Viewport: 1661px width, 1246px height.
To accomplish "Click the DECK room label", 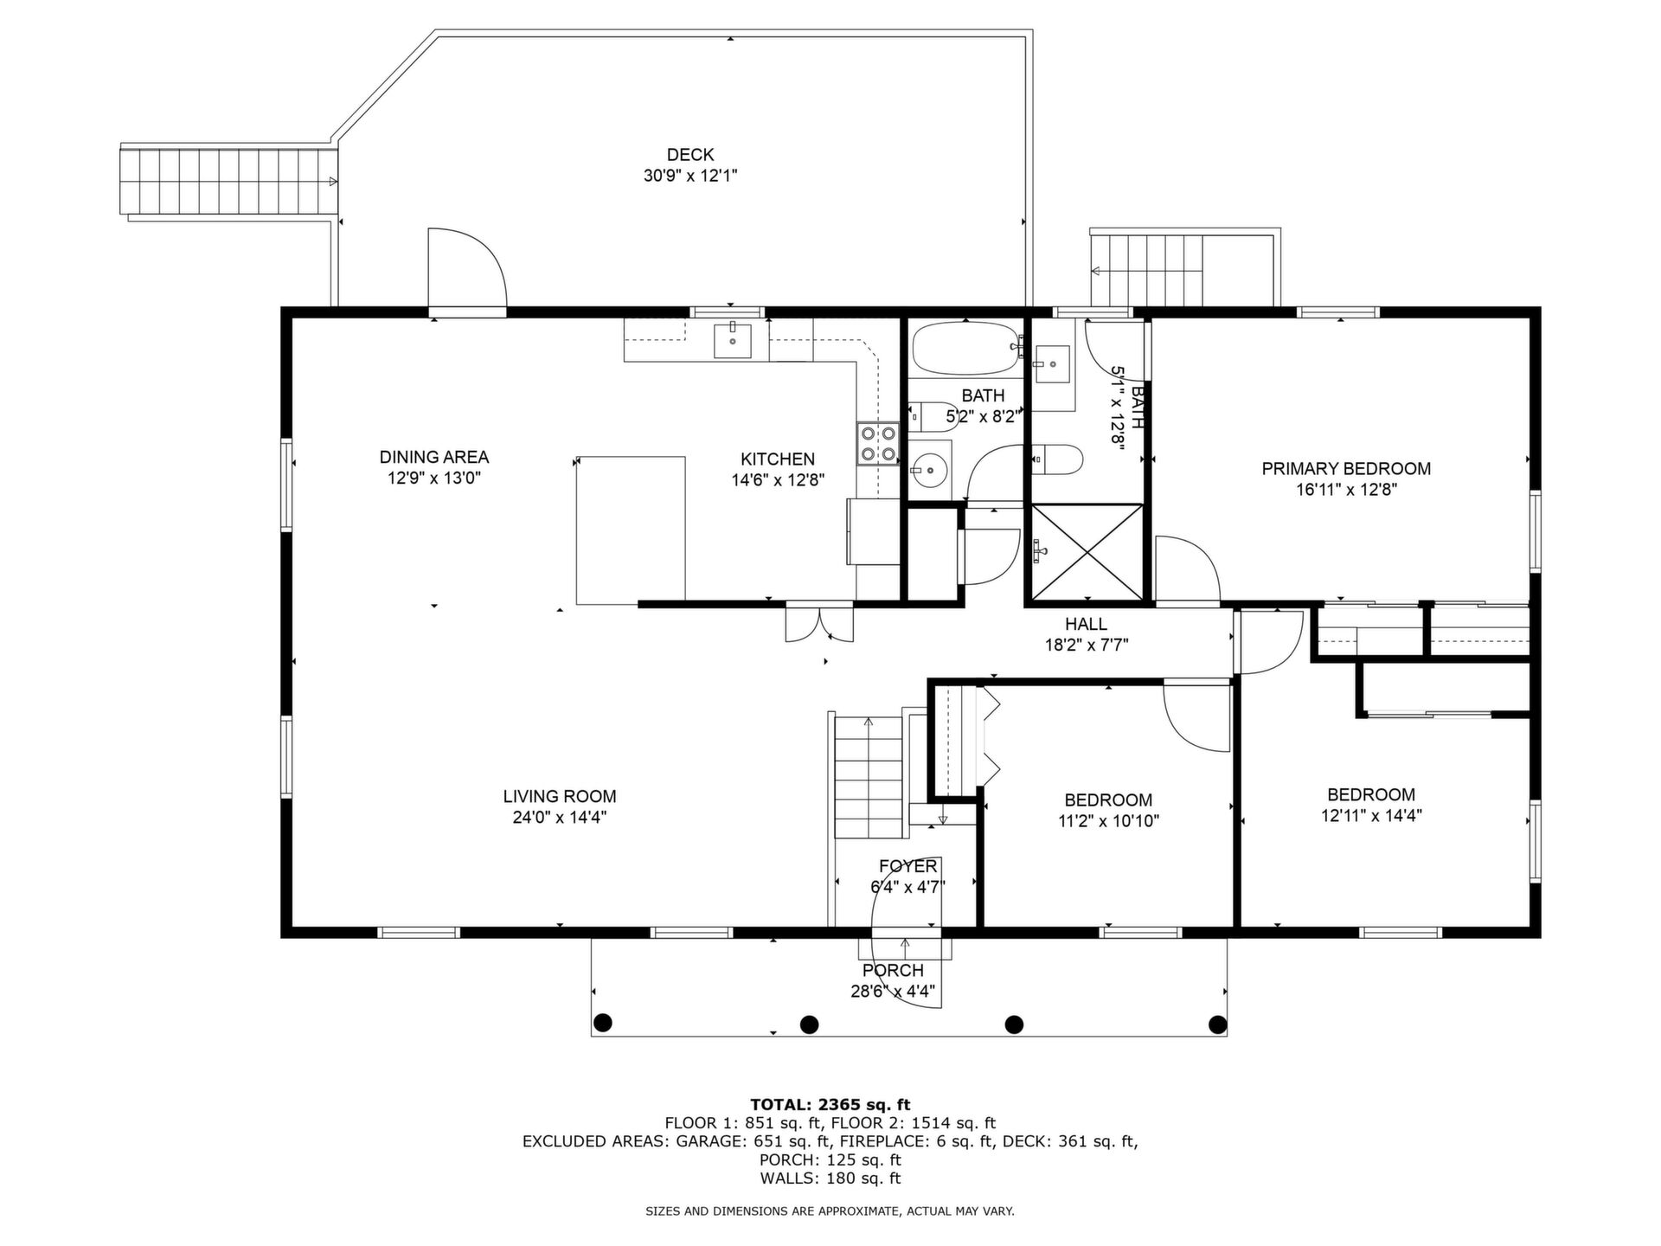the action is [689, 155].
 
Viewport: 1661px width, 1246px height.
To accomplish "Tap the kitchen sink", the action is [732, 339].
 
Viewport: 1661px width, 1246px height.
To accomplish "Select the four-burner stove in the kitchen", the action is [878, 444].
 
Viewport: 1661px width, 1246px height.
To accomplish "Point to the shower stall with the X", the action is [1087, 552].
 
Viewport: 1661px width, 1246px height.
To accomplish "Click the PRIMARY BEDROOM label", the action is [1346, 469].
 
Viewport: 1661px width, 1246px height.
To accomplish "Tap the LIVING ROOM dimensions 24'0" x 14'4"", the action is [560, 818].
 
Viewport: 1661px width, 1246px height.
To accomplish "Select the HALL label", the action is [1086, 624].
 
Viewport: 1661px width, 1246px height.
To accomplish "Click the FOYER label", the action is [907, 866].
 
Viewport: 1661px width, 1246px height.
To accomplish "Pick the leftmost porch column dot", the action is [603, 1023].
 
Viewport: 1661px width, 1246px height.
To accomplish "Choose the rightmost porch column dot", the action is [1217, 1024].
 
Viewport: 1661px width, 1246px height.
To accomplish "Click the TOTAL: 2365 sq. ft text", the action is [830, 1104].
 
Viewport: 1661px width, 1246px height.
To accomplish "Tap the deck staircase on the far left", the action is [228, 181].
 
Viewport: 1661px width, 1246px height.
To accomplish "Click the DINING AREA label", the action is [434, 457].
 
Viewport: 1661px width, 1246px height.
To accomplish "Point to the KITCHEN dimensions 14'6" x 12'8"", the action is [778, 480].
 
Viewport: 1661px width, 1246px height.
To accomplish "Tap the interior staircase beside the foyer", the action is [868, 776].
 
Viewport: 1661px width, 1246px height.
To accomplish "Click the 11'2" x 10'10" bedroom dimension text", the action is [1108, 821].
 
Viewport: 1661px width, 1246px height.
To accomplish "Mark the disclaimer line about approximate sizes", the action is [830, 1211].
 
